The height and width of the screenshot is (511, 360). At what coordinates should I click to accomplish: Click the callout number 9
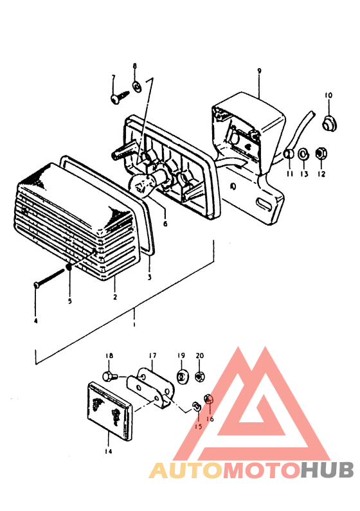(x=259, y=71)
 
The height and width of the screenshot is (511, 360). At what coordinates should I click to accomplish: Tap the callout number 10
(x=328, y=95)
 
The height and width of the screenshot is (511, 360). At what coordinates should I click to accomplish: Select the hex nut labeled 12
(x=321, y=153)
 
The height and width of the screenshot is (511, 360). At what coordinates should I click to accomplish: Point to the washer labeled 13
(x=304, y=154)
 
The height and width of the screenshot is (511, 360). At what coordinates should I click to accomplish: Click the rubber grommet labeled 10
(x=329, y=123)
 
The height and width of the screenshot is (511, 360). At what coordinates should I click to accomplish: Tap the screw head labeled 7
(x=115, y=99)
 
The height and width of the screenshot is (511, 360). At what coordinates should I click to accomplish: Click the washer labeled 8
(x=136, y=87)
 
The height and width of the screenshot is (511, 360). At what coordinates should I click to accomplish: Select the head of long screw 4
(x=37, y=285)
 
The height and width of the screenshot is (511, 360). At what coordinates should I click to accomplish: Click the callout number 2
(x=115, y=297)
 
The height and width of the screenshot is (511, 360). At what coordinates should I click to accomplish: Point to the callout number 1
(x=134, y=325)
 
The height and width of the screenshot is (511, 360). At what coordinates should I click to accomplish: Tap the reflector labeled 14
(x=109, y=412)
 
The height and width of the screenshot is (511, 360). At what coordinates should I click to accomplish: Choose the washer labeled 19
(x=182, y=377)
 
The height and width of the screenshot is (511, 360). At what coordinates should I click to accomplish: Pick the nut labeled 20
(x=200, y=377)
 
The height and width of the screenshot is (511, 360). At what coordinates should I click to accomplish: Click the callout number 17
(x=152, y=355)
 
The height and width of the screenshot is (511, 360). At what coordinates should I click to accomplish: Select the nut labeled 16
(x=208, y=399)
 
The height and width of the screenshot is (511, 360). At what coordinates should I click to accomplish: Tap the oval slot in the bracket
(x=264, y=203)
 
